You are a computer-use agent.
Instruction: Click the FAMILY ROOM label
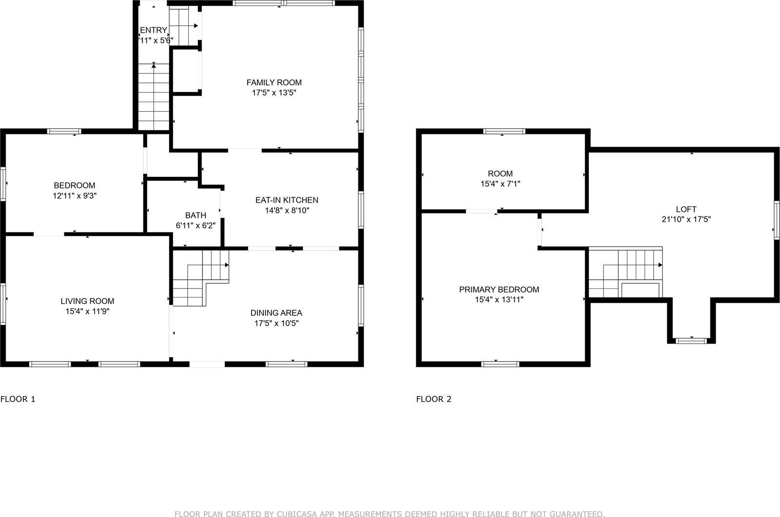(273, 82)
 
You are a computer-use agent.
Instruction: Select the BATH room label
(195, 215)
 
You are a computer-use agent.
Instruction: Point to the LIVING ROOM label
(87, 301)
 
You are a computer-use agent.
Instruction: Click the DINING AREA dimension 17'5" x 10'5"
(276, 323)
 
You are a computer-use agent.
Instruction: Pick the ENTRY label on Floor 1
(154, 30)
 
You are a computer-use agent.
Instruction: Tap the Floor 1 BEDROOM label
(74, 185)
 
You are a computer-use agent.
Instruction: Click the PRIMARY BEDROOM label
(499, 289)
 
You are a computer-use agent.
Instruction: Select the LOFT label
(686, 209)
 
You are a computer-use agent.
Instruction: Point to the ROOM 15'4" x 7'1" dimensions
(500, 184)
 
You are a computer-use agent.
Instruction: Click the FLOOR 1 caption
(18, 399)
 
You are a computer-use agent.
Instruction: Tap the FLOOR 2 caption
(433, 399)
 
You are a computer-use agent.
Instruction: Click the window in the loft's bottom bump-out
(691, 340)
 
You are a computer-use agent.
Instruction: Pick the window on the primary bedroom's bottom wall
(500, 364)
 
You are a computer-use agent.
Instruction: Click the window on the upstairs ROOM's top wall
(504, 131)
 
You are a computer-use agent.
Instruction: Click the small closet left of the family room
(186, 71)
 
